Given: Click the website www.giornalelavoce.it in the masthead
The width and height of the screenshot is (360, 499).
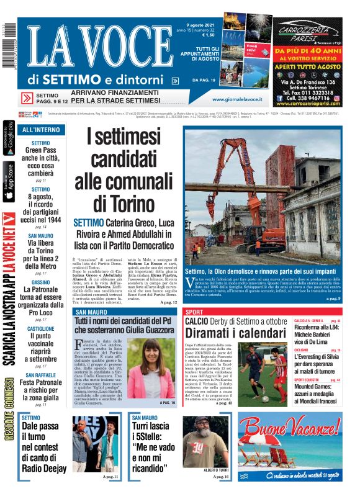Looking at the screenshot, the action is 237,99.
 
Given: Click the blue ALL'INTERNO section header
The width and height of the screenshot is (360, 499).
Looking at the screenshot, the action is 41,130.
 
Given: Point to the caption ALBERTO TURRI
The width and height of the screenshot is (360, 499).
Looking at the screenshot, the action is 199,470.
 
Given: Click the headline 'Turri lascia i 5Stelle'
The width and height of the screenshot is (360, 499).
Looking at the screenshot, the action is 153,447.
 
